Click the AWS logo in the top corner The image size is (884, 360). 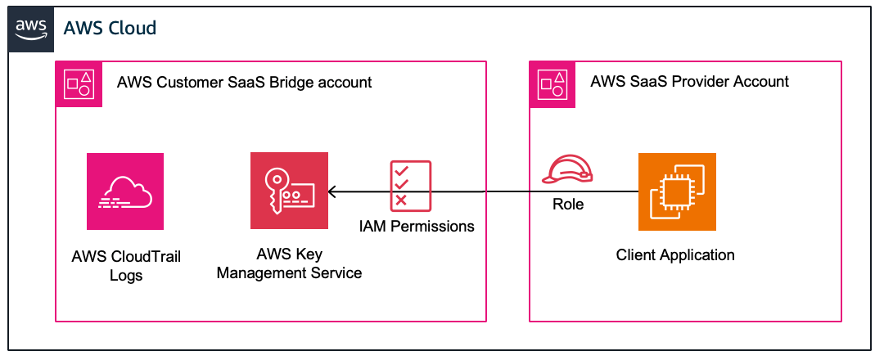coord(31,29)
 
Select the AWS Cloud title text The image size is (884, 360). coord(110,29)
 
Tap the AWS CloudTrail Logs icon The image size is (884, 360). coord(125,191)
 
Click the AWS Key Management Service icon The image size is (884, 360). coord(289,191)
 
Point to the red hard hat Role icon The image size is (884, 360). coord(567,169)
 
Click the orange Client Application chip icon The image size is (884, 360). coord(676,191)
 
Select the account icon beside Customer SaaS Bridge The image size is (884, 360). coord(79,83)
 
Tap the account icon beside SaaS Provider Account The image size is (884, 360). coord(553,83)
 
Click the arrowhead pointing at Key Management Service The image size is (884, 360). coord(331,192)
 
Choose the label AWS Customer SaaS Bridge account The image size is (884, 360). coord(244,83)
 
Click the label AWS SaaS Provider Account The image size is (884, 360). coord(689,81)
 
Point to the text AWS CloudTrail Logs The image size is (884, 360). coord(126,266)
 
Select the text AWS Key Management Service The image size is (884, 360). coord(289,263)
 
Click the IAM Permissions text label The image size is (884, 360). coord(417,226)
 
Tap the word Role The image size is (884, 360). coord(568,205)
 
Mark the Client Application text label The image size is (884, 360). coord(675,254)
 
